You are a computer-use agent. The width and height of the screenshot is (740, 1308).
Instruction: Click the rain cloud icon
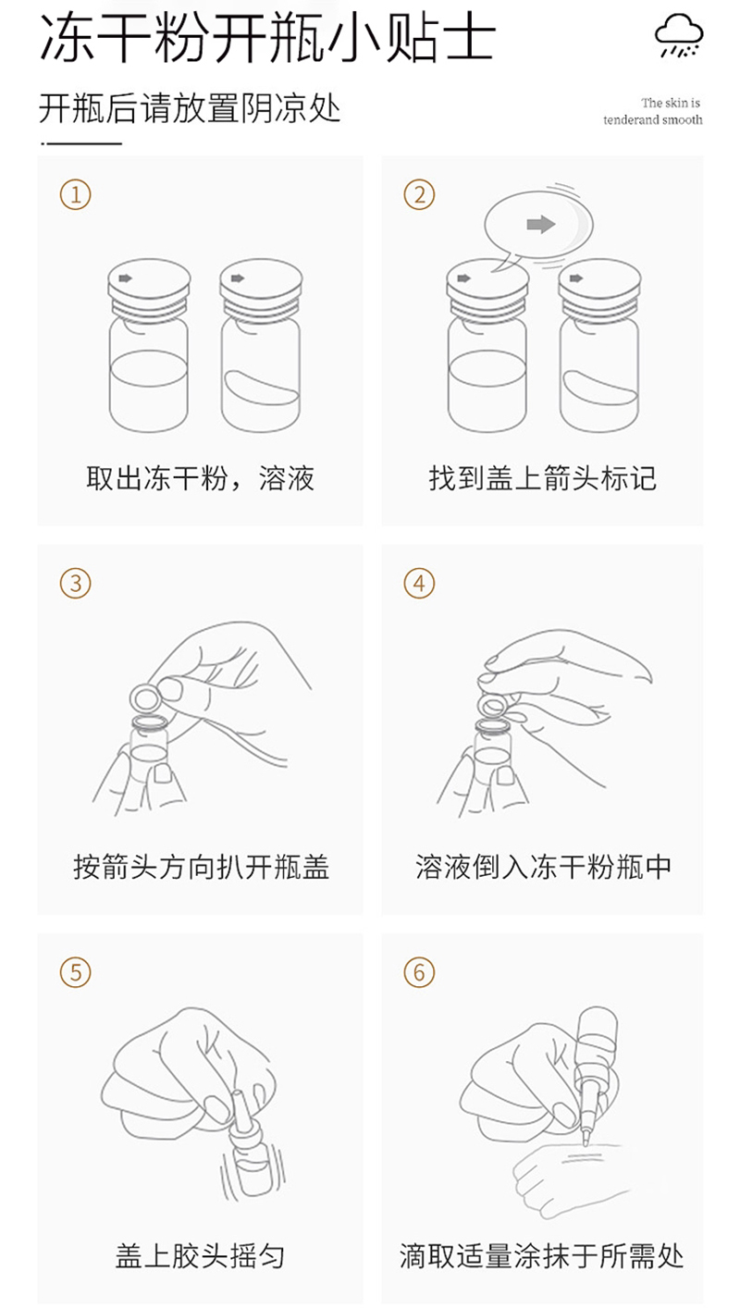[679, 34]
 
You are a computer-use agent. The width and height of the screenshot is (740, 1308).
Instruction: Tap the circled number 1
[75, 194]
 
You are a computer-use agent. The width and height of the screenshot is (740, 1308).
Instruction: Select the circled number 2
[419, 194]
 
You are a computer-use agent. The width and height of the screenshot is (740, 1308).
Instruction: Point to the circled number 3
[75, 584]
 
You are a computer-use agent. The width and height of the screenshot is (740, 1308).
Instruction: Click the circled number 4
[419, 584]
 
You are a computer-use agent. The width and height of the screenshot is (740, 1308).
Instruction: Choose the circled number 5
[75, 972]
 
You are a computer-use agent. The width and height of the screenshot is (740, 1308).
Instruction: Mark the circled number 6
[419, 972]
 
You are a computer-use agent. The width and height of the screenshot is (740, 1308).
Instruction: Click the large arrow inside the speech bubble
[541, 224]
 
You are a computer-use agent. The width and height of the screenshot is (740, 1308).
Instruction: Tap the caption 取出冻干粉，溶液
[201, 478]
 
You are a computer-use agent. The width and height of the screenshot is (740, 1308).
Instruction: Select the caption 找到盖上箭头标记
[543, 478]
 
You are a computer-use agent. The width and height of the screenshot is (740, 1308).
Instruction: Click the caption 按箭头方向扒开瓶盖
[201, 867]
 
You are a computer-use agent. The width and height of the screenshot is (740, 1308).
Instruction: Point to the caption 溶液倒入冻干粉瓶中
[543, 867]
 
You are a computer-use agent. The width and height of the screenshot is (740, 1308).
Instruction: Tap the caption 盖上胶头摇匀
[201, 1256]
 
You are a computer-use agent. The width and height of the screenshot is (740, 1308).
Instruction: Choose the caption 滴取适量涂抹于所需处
[542, 1256]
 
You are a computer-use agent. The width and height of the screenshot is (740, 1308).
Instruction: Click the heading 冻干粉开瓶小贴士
[267, 37]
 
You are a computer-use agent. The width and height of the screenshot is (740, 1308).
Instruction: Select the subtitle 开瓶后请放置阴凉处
[190, 108]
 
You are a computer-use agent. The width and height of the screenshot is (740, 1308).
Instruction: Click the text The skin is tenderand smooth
[653, 111]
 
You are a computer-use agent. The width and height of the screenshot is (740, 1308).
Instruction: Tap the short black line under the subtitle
[80, 143]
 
